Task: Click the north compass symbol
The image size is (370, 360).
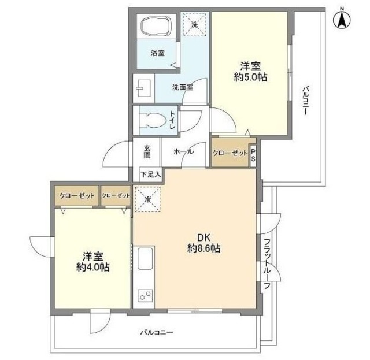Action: pyautogui.click(x=342, y=18)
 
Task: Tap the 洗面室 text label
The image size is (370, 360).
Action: pyautogui.click(x=182, y=88)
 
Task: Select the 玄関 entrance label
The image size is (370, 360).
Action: pyautogui.click(x=147, y=151)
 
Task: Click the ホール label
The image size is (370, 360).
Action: pyautogui.click(x=183, y=151)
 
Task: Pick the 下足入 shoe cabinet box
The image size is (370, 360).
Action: pyautogui.click(x=150, y=173)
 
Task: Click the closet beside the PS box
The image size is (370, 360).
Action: pyautogui.click(x=230, y=153)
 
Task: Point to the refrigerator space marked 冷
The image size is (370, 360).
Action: pyautogui.click(x=148, y=200)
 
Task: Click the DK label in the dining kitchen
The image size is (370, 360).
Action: pyautogui.click(x=203, y=237)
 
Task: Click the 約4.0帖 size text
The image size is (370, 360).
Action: pyautogui.click(x=93, y=267)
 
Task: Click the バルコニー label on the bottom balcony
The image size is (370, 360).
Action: pyautogui.click(x=156, y=332)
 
